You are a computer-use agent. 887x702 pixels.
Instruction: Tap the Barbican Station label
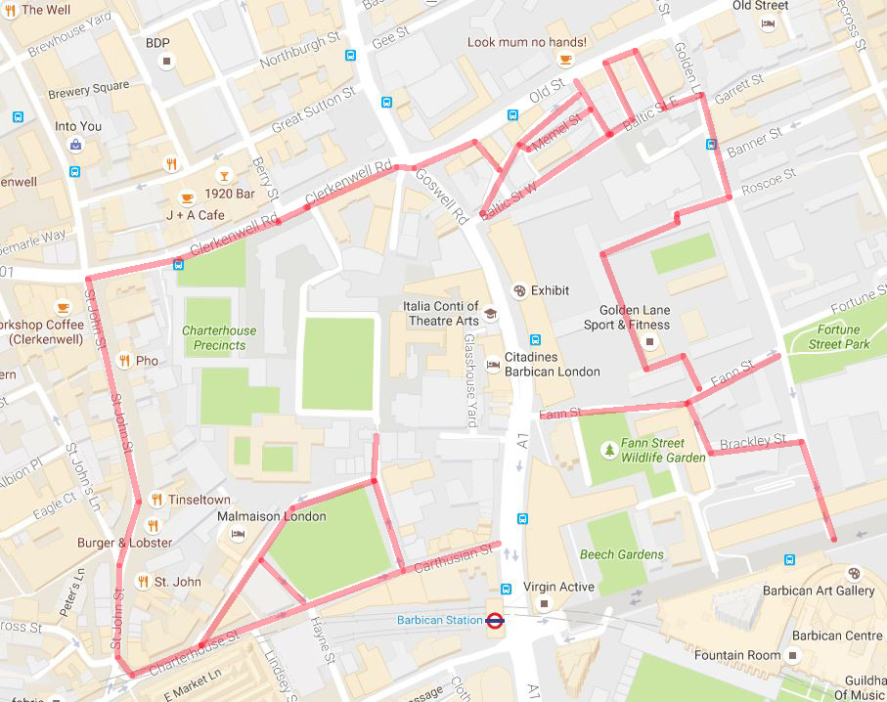pos(439,620)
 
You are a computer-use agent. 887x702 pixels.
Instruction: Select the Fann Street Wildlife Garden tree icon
pos(610,450)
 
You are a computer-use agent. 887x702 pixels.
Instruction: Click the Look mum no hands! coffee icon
pos(564,61)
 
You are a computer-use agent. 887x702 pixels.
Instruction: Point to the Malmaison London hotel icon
pos(237,535)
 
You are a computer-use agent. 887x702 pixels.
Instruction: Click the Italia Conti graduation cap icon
pos(490,314)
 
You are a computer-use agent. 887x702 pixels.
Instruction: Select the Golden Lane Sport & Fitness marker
pos(650,342)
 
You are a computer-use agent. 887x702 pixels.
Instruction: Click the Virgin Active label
pos(553,588)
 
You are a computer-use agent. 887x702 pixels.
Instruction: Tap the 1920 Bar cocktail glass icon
pos(224,176)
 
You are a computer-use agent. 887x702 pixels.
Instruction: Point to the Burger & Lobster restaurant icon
pos(153,525)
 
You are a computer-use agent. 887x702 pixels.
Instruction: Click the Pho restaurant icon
pos(123,360)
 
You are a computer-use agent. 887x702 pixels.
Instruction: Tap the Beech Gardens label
pos(621,554)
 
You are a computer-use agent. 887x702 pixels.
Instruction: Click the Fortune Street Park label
pos(838,336)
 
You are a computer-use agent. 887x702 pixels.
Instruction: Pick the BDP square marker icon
pos(166,62)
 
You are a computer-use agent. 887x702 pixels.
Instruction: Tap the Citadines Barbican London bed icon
pos(493,365)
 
